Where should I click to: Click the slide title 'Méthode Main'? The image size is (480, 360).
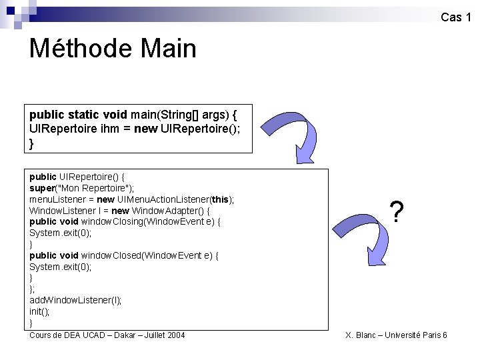(113, 49)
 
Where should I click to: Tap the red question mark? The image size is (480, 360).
(397, 213)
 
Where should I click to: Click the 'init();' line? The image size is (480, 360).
(39, 311)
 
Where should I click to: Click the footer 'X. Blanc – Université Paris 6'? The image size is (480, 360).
(396, 335)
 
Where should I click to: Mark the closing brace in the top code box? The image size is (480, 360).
(32, 143)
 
